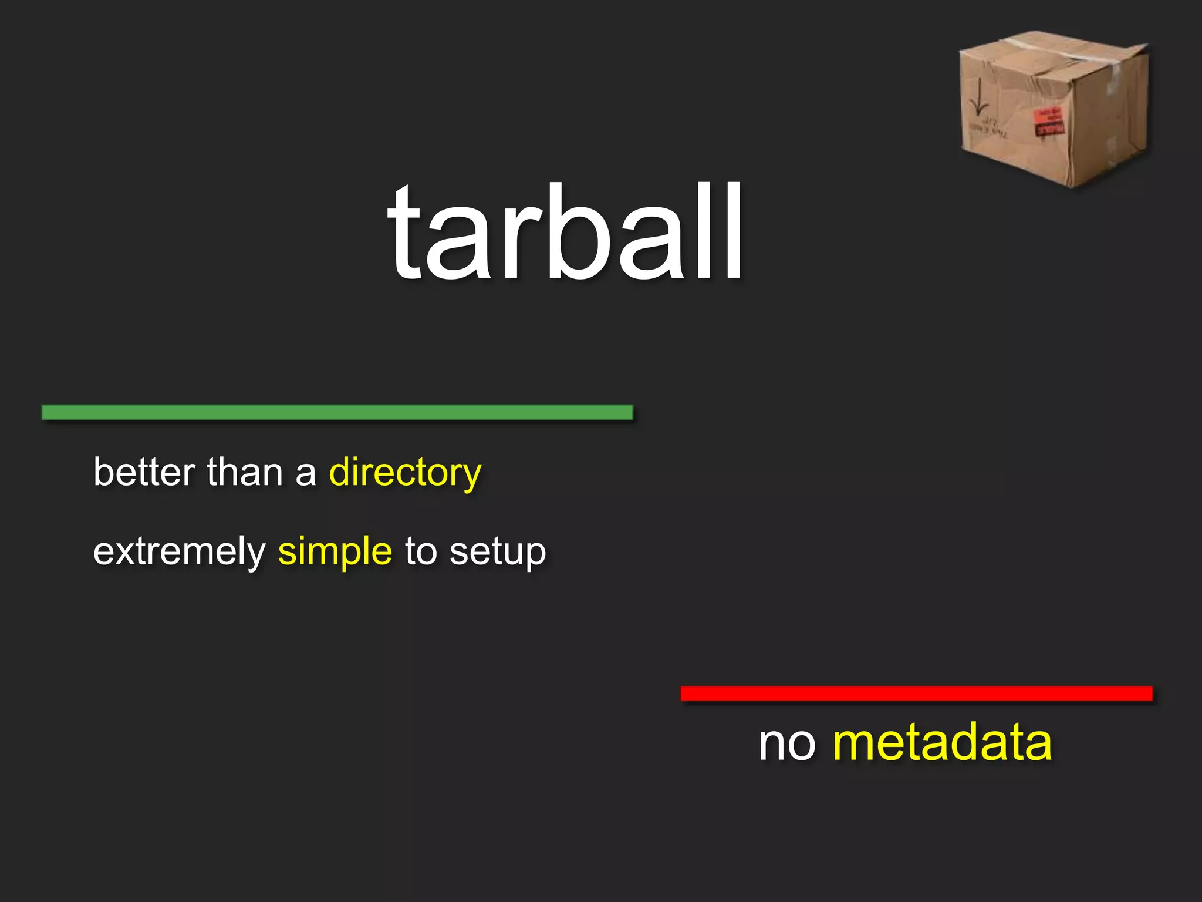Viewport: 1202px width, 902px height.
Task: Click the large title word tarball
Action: pyautogui.click(x=566, y=231)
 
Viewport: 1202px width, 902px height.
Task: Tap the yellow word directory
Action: pyautogui.click(x=405, y=472)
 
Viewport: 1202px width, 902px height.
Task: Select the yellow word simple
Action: pyautogui.click(x=335, y=551)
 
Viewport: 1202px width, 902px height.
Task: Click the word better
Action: pyautogui.click(x=144, y=472)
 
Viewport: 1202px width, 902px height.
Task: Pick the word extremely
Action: pyautogui.click(x=180, y=553)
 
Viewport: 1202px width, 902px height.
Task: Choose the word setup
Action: pyautogui.click(x=498, y=553)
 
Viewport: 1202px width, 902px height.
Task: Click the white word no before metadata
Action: pyautogui.click(x=787, y=743)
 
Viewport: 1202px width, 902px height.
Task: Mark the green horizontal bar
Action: pyautogui.click(x=337, y=412)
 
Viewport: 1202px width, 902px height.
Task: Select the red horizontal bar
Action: pyautogui.click(x=916, y=694)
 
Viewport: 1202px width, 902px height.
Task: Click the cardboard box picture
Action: pyautogui.click(x=1054, y=109)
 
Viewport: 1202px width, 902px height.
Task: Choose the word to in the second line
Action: pyautogui.click(x=420, y=551)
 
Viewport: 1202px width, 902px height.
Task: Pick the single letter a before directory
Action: pyautogui.click(x=305, y=473)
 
